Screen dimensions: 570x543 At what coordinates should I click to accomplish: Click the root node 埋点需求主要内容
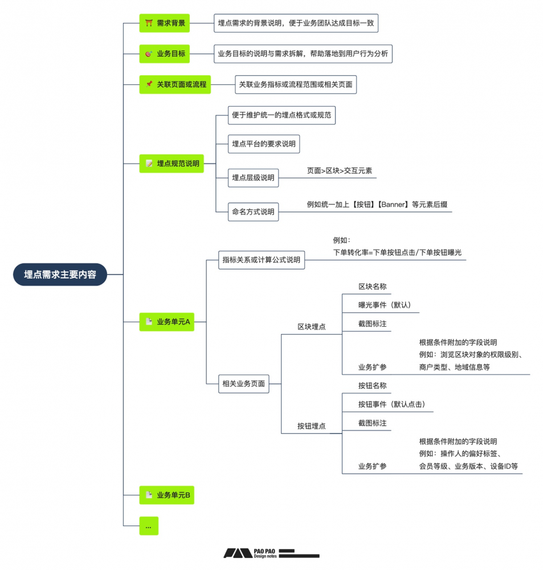pyautogui.click(x=60, y=274)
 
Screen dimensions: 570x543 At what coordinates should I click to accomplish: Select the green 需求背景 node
pyautogui.click(x=164, y=23)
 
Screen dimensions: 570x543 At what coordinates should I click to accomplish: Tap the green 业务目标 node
pyautogui.click(x=164, y=54)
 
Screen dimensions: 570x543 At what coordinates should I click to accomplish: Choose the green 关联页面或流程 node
pyautogui.click(x=175, y=85)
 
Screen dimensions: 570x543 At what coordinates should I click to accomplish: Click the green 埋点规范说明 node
pyautogui.click(x=172, y=164)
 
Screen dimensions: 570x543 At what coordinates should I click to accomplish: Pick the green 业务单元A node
pyautogui.click(x=167, y=322)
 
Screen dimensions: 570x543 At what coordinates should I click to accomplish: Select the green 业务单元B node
pyautogui.click(x=167, y=495)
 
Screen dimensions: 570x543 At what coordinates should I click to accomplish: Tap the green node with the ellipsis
pyautogui.click(x=149, y=526)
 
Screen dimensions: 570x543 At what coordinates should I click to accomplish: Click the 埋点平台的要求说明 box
pyautogui.click(x=264, y=144)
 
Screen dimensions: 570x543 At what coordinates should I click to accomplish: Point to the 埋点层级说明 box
pyautogui.click(x=253, y=178)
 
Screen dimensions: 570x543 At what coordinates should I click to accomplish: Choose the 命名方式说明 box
pyautogui.click(x=253, y=212)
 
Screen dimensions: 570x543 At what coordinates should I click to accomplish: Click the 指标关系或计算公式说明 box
pyautogui.click(x=262, y=260)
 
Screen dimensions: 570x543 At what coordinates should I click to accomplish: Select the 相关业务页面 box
pyautogui.click(x=243, y=384)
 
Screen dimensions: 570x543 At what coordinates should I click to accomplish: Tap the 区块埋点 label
pyautogui.click(x=312, y=327)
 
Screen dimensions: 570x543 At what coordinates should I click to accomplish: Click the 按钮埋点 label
pyautogui.click(x=312, y=426)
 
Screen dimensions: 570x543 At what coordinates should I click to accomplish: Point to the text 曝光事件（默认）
pyautogui.click(x=385, y=305)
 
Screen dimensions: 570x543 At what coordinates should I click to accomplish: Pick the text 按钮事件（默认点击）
pyautogui.click(x=391, y=405)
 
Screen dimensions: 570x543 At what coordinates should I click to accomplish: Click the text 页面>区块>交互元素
pyautogui.click(x=340, y=170)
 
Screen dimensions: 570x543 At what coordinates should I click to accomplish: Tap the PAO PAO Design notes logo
pyautogui.click(x=271, y=553)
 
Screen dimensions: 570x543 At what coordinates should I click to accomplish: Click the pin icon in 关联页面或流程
pyautogui.click(x=149, y=84)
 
